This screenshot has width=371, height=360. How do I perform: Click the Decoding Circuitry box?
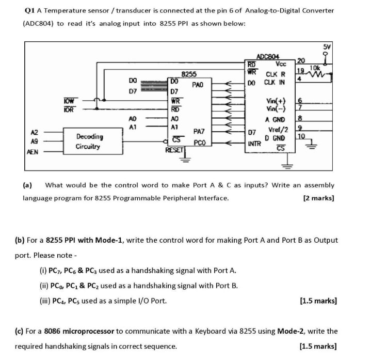(x=89, y=142)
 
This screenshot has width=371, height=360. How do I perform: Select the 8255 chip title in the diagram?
(x=188, y=74)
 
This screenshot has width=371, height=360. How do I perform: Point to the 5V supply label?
(x=326, y=47)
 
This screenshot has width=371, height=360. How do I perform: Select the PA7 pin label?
(x=200, y=132)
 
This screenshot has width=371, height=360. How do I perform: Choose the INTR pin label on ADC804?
(x=253, y=144)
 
